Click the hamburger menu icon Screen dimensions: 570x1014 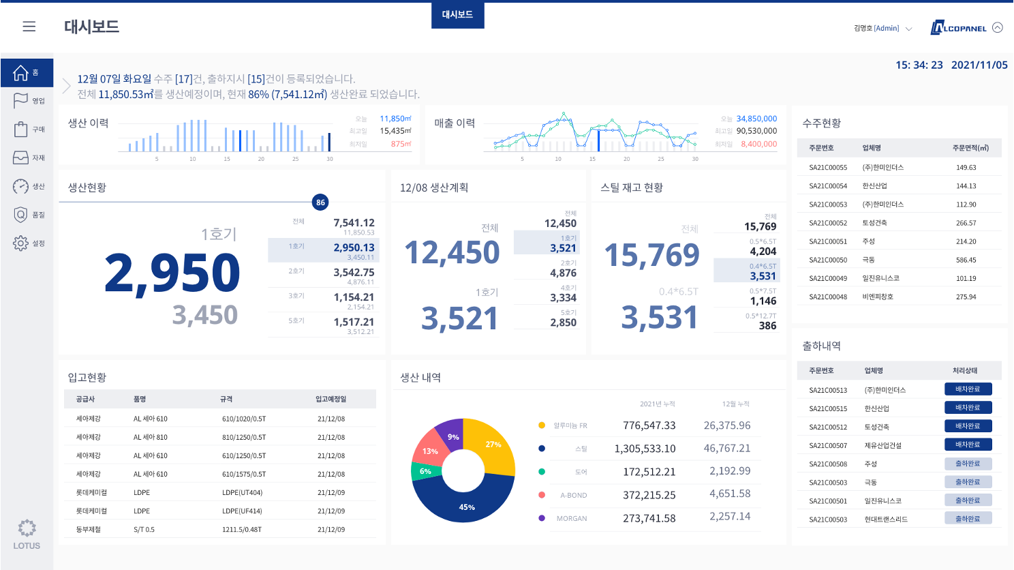coord(29,27)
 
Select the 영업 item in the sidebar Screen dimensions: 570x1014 coord(28,101)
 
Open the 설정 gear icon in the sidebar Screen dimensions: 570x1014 coord(20,243)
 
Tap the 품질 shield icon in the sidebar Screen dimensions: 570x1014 coord(20,215)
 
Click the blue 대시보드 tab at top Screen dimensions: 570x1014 coord(457,14)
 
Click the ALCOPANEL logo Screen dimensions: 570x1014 coord(959,28)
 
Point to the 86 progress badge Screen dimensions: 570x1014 coord(320,202)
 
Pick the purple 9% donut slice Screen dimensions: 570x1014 coord(452,434)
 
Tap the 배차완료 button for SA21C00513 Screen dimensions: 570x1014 coord(968,389)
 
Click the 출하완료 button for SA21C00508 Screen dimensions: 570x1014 coord(968,464)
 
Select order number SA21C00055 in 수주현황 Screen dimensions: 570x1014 coord(828,168)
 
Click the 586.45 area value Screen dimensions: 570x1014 coord(966,260)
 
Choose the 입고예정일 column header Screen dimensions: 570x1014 coord(331,399)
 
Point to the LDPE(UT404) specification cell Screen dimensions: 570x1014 coord(242,492)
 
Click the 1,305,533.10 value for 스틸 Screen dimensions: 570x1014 coord(645,449)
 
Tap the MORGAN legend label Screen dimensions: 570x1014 coord(571,519)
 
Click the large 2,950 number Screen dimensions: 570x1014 coord(172,273)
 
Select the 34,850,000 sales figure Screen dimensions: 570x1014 coord(756,119)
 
